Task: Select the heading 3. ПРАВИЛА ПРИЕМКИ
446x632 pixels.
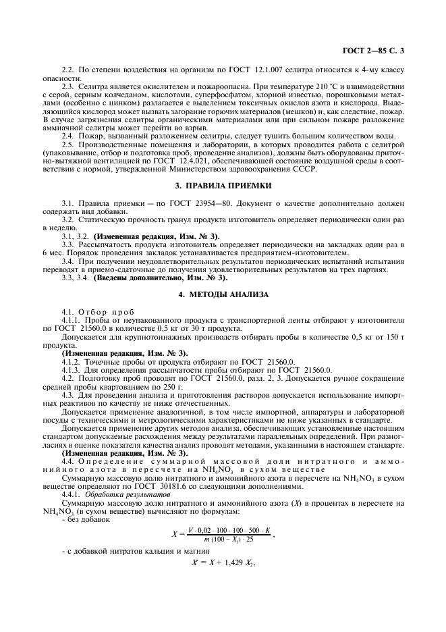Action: tap(223, 184)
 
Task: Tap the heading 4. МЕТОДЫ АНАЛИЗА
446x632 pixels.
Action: tap(223, 294)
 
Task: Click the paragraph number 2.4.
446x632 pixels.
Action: tap(68, 135)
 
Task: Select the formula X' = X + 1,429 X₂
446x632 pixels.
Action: tap(223, 566)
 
